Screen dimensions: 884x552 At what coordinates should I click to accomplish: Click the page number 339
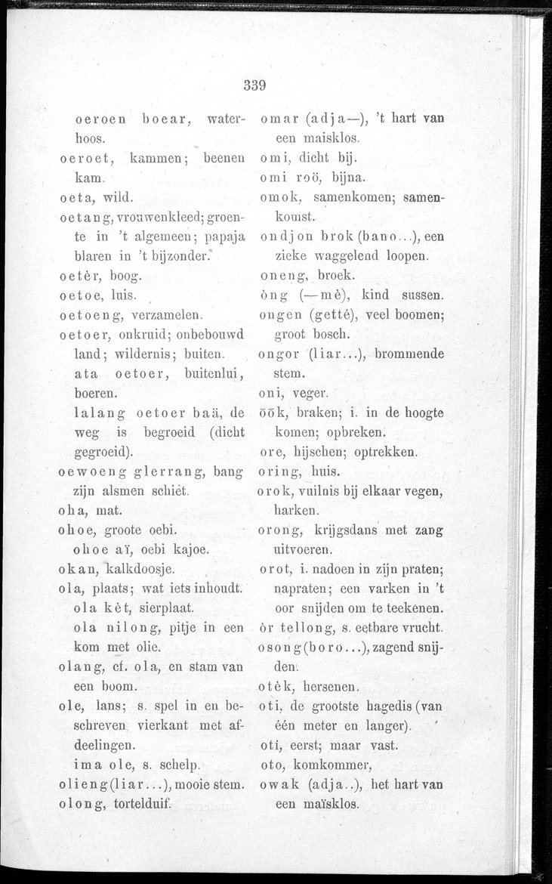pos(257,85)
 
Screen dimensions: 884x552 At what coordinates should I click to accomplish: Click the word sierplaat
pos(162,607)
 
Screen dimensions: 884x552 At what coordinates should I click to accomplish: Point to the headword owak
pos(278,785)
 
